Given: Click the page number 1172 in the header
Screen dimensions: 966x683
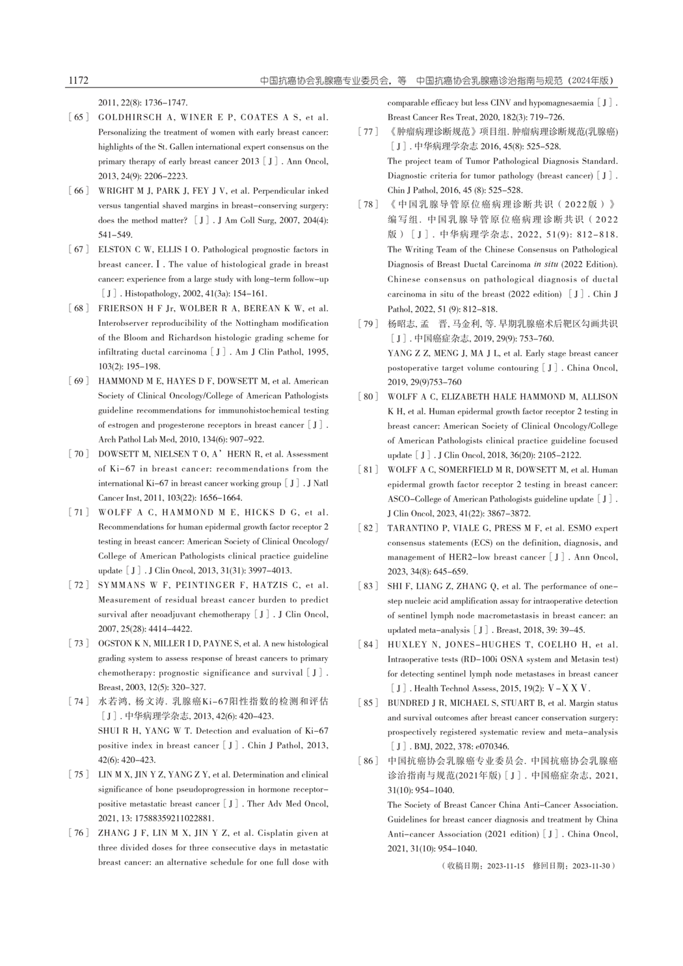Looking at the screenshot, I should click(x=77, y=81).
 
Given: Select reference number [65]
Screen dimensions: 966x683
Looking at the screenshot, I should click(x=78, y=118).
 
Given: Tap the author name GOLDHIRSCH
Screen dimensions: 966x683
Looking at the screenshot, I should click(x=126, y=118).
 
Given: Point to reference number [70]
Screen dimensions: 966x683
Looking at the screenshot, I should click(x=78, y=454).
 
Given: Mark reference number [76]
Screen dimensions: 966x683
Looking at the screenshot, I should click(x=78, y=833).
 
